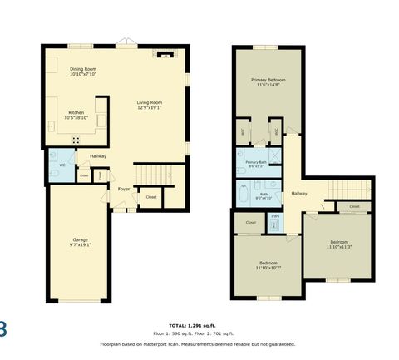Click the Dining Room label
tap(83, 72)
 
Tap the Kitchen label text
tap(76, 115)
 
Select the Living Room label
tap(149, 104)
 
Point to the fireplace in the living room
tap(162, 54)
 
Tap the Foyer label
tap(123, 189)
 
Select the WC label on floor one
tap(62, 165)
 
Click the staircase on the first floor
tap(151, 175)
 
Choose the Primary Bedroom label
tap(268, 82)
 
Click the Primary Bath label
tap(256, 164)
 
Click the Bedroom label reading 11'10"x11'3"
tap(339, 245)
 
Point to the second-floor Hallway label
tap(299, 193)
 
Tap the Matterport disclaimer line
tap(199, 343)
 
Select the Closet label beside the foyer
tap(150, 197)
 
